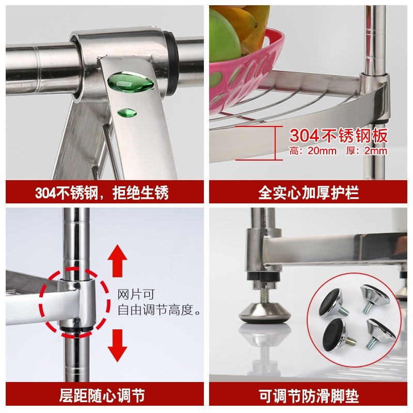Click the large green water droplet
(x=131, y=82)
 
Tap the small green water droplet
(x=127, y=113)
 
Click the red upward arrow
(x=118, y=260)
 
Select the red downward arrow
(x=118, y=345)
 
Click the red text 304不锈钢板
(x=338, y=136)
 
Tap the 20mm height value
(x=322, y=151)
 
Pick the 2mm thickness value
(x=375, y=151)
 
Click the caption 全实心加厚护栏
(x=308, y=193)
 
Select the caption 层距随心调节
(x=102, y=395)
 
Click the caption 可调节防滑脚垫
(x=309, y=395)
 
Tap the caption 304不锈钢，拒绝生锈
(x=102, y=193)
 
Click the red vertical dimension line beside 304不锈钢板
(x=276, y=143)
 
